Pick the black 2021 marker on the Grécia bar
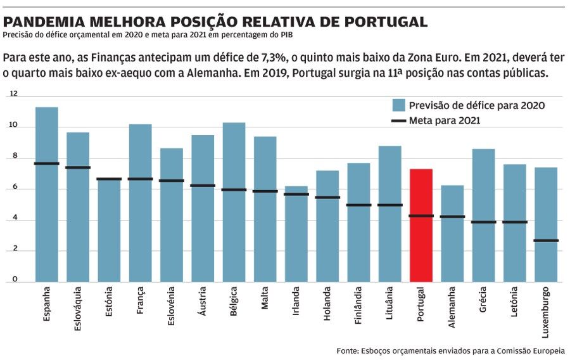[483, 222]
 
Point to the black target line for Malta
[265, 191]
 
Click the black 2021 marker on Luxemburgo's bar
[546, 240]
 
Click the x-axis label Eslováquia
[78, 309]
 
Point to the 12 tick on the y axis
[14, 94]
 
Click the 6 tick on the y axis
[15, 188]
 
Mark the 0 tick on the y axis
[14, 281]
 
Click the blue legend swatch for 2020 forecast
[398, 105]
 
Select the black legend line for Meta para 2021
[398, 120]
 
